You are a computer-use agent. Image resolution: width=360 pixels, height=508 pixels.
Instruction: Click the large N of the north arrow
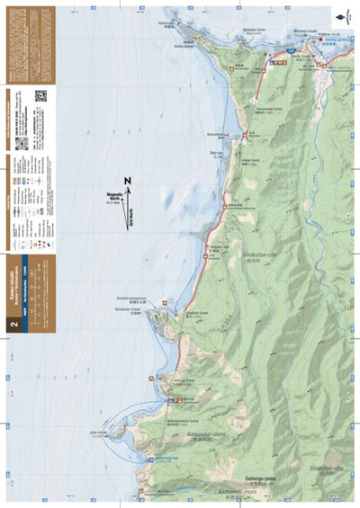tap(128, 183)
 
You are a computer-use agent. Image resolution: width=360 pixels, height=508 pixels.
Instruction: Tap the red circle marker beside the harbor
tap(246, 134)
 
